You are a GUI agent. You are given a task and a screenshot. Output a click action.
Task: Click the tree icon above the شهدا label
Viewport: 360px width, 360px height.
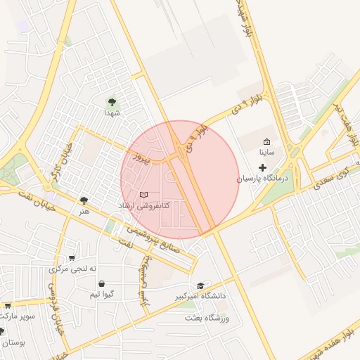(x=111, y=102)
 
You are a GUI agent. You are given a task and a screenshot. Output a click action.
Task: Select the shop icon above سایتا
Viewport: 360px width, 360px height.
(x=266, y=141)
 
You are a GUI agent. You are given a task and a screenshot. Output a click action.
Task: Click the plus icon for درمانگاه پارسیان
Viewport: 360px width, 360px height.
(x=263, y=167)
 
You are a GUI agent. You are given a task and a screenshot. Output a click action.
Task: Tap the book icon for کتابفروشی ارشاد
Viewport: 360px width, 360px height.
(x=143, y=194)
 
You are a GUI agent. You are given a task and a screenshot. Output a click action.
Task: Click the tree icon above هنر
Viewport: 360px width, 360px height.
(x=84, y=200)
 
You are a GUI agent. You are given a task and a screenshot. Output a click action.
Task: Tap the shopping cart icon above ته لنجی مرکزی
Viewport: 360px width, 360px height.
(x=72, y=258)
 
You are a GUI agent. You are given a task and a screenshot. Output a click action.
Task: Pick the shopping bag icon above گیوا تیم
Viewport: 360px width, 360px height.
(x=102, y=284)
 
